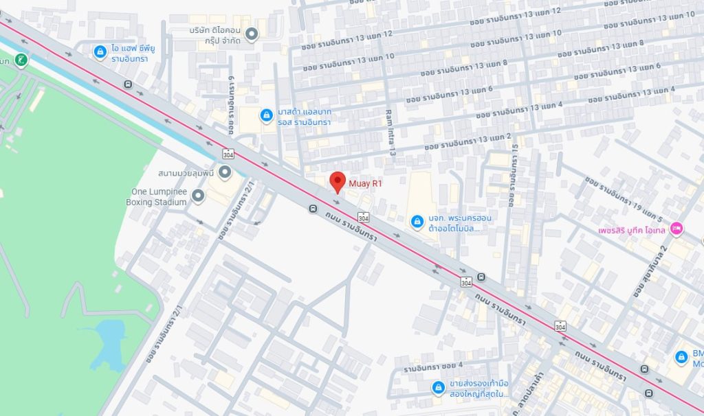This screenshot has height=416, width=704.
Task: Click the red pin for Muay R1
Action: [337, 182]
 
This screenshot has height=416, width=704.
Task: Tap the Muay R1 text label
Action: [365, 183]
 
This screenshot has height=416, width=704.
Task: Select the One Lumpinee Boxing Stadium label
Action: [157, 197]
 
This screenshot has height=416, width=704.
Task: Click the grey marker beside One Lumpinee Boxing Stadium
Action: [198, 197]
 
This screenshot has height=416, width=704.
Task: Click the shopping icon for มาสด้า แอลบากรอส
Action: [266, 115]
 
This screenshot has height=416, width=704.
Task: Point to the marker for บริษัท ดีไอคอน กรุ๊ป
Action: [252, 33]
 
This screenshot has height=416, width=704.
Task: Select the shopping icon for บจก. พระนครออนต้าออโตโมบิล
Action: [417, 222]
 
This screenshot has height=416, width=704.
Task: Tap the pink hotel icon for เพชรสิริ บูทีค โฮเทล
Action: [676, 228]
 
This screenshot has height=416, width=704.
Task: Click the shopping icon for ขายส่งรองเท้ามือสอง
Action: [437, 389]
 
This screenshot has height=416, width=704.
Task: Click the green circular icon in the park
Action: [22, 60]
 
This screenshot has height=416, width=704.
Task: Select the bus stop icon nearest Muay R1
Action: [313, 209]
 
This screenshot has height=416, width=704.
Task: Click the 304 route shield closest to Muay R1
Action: [363, 217]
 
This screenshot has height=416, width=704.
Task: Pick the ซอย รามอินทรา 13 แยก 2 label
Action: [468, 141]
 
